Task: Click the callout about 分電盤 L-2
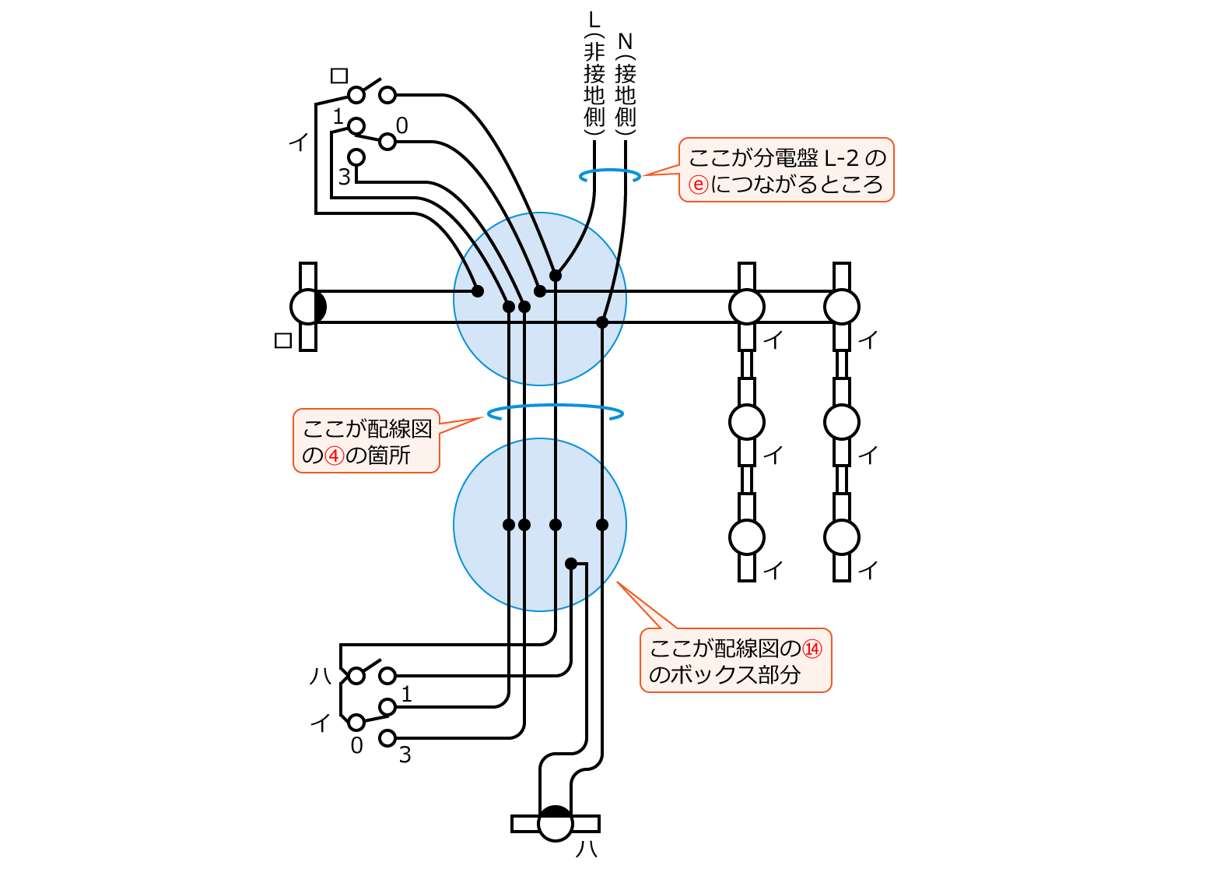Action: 786,171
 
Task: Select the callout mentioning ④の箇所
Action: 366,441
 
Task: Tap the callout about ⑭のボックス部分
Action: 735,660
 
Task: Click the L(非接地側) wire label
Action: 594,74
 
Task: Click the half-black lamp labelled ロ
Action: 309,307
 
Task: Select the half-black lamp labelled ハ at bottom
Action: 556,823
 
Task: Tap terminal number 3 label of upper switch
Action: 344,178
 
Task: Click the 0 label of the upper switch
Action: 401,125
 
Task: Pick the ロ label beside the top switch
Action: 339,76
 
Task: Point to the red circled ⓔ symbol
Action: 699,185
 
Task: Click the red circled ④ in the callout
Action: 334,455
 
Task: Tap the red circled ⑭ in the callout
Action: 812,648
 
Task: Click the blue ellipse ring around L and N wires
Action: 610,176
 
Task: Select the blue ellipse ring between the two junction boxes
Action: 555,412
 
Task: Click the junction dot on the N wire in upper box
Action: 602,322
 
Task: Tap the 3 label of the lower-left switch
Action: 405,755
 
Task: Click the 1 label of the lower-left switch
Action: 406,693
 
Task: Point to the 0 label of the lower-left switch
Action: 356,745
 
